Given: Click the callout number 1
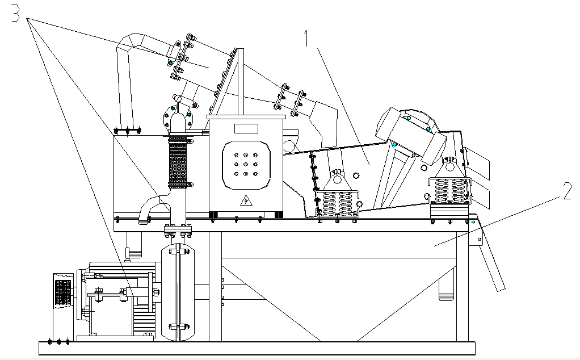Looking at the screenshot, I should pyautogui.click(x=306, y=39).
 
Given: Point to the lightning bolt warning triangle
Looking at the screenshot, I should pyautogui.click(x=246, y=200).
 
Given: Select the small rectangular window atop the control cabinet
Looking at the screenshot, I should pyautogui.click(x=245, y=128).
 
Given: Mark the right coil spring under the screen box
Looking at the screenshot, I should pyautogui.click(x=449, y=191).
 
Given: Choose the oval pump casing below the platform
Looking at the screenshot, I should pyautogui.click(x=178, y=292).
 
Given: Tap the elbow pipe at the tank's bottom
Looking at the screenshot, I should pyautogui.click(x=150, y=207).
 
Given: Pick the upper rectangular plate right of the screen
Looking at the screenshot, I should pyautogui.click(x=477, y=162).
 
